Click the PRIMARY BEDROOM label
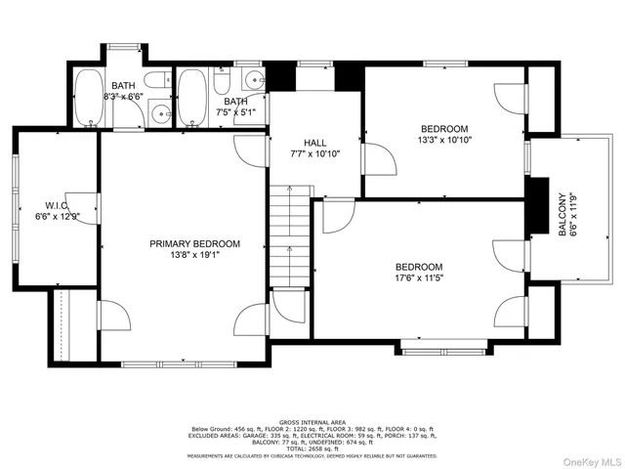[x=193, y=243]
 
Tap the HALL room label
[x=314, y=142]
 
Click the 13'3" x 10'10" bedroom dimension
[x=444, y=141]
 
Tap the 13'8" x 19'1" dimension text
[x=193, y=256]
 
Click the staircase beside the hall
[x=290, y=234]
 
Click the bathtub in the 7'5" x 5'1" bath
[x=192, y=98]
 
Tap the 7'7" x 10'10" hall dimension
[x=314, y=153]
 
